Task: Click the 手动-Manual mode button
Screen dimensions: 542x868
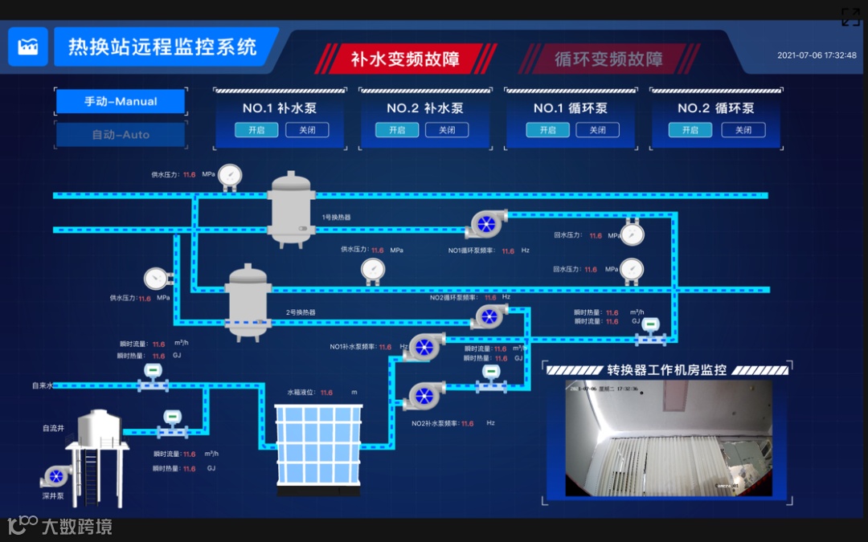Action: pyautogui.click(x=121, y=102)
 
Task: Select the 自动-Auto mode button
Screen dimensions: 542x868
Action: pyautogui.click(x=121, y=135)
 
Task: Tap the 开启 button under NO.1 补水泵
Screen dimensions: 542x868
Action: pyautogui.click(x=256, y=130)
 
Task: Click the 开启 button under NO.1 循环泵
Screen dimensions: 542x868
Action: pyautogui.click(x=547, y=130)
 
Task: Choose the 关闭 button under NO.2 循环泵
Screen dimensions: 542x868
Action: pyautogui.click(x=743, y=130)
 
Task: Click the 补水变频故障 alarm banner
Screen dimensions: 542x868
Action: pyautogui.click(x=405, y=59)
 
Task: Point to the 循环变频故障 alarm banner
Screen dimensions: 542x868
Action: pyautogui.click(x=608, y=59)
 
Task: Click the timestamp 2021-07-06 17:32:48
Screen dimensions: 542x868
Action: pyautogui.click(x=817, y=55)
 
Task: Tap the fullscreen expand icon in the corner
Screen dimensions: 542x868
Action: pyautogui.click(x=850, y=17)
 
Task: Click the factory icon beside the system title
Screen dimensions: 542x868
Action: pyautogui.click(x=28, y=47)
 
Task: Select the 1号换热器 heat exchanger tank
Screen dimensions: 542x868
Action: pyautogui.click(x=291, y=207)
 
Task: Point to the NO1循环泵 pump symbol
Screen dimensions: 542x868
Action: pyautogui.click(x=486, y=224)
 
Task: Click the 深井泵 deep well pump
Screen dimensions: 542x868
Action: pyautogui.click(x=55, y=476)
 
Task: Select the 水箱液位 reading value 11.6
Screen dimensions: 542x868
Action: pyautogui.click(x=326, y=393)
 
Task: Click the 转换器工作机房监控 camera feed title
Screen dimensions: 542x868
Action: pyautogui.click(x=666, y=370)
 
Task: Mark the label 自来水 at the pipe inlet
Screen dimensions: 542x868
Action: pyautogui.click(x=42, y=385)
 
